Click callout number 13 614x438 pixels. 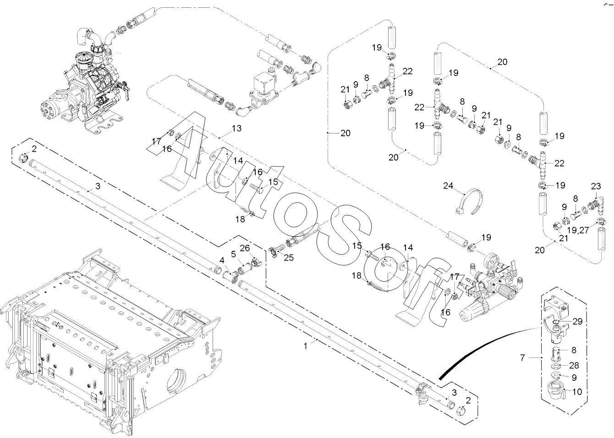coord(236,128)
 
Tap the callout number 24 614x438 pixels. coord(448,186)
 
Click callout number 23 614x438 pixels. coord(596,186)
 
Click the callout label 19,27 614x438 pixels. coord(578,230)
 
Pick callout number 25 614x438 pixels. coord(288,258)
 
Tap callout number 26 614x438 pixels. coord(245,249)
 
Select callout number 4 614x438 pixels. coord(222,260)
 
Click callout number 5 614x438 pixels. coord(233,255)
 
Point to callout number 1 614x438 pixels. coord(306,346)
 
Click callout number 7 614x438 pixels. coord(522,358)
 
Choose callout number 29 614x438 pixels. coord(577,322)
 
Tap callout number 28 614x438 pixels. coord(574,366)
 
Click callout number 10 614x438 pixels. coord(577,392)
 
